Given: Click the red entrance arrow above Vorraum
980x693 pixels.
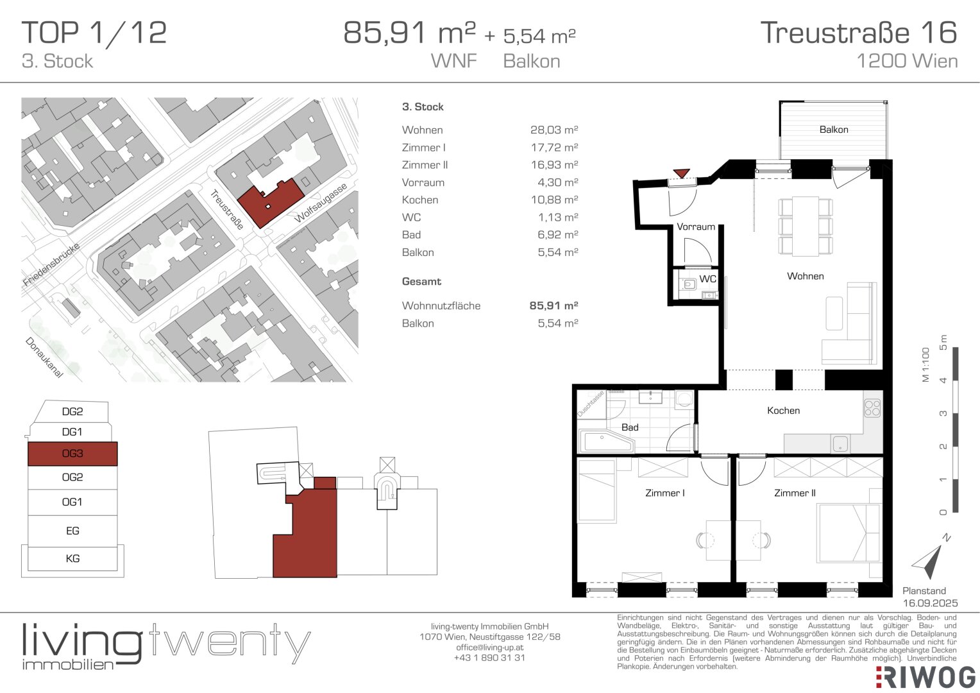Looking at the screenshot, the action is (x=681, y=173).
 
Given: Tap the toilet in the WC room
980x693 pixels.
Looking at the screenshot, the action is (x=689, y=284).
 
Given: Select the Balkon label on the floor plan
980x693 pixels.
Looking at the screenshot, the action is (x=833, y=130).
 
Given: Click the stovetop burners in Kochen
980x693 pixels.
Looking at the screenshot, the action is (x=872, y=408).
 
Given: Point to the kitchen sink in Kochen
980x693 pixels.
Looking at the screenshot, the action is (x=840, y=444).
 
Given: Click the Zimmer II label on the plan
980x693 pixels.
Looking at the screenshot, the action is (x=795, y=493).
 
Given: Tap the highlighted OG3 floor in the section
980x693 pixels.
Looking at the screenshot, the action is (x=72, y=454).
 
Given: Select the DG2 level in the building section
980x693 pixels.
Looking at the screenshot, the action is (x=72, y=411).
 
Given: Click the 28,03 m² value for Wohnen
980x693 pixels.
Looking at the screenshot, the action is (x=554, y=130).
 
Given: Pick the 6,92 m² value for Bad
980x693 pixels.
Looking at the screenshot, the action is (x=557, y=235).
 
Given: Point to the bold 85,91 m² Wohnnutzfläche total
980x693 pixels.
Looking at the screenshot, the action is (x=553, y=305).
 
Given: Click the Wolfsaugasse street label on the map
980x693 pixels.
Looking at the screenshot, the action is (x=321, y=203).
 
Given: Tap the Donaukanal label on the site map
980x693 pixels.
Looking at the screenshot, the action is (x=44, y=357).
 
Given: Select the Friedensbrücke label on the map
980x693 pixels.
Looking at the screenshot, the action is (x=51, y=264).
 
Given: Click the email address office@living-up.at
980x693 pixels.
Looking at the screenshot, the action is (x=489, y=647).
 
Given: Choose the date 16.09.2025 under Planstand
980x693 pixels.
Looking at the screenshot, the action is (x=930, y=603).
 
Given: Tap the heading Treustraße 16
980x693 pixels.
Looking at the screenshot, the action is (x=859, y=33).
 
